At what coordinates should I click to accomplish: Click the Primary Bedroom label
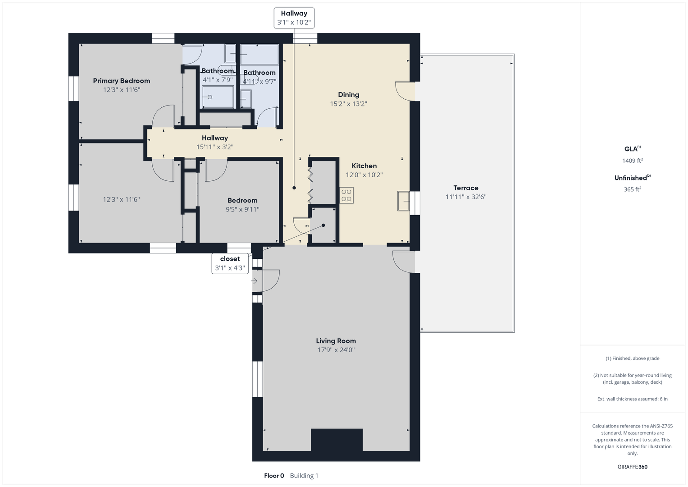click(x=121, y=81)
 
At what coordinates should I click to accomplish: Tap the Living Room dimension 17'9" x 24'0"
click(x=336, y=350)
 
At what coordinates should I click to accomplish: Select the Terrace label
click(x=465, y=188)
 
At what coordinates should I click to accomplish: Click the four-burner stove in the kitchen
click(x=346, y=195)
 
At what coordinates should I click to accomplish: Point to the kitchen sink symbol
click(x=404, y=201)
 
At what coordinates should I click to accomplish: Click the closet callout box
click(x=230, y=263)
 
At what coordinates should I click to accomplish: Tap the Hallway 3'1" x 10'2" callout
click(x=294, y=18)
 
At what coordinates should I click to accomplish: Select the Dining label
click(x=349, y=95)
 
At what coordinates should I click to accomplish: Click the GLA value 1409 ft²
click(x=633, y=161)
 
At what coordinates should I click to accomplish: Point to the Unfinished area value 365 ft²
click(x=633, y=189)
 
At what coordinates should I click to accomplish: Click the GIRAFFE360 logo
click(x=633, y=467)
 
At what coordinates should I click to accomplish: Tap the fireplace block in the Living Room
click(x=337, y=440)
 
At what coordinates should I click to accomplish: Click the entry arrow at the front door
click(x=254, y=280)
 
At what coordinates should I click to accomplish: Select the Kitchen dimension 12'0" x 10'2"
click(x=364, y=175)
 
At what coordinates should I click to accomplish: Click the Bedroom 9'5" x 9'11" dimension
click(x=243, y=209)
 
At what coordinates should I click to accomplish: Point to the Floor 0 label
click(x=274, y=476)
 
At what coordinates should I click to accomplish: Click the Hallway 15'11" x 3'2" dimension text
click(x=215, y=147)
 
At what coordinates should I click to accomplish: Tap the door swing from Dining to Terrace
click(x=405, y=91)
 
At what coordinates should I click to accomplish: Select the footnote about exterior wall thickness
click(x=633, y=399)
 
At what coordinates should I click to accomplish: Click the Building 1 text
click(x=304, y=476)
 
